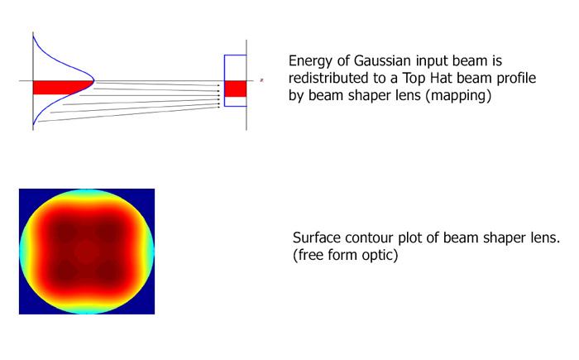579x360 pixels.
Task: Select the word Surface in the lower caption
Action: pyautogui.click(x=317, y=238)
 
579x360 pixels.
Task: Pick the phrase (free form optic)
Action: pyautogui.click(x=345, y=255)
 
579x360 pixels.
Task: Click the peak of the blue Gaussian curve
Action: pyautogui.click(x=94, y=80)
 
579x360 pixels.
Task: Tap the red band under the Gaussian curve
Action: pyautogui.click(x=61, y=87)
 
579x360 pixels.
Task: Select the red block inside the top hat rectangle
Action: pyautogui.click(x=235, y=89)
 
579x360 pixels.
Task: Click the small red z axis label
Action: pyautogui.click(x=261, y=79)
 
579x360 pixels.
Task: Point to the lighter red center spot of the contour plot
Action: pyautogui.click(x=86, y=251)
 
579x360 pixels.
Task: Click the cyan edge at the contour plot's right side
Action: pyautogui.click(x=151, y=252)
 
